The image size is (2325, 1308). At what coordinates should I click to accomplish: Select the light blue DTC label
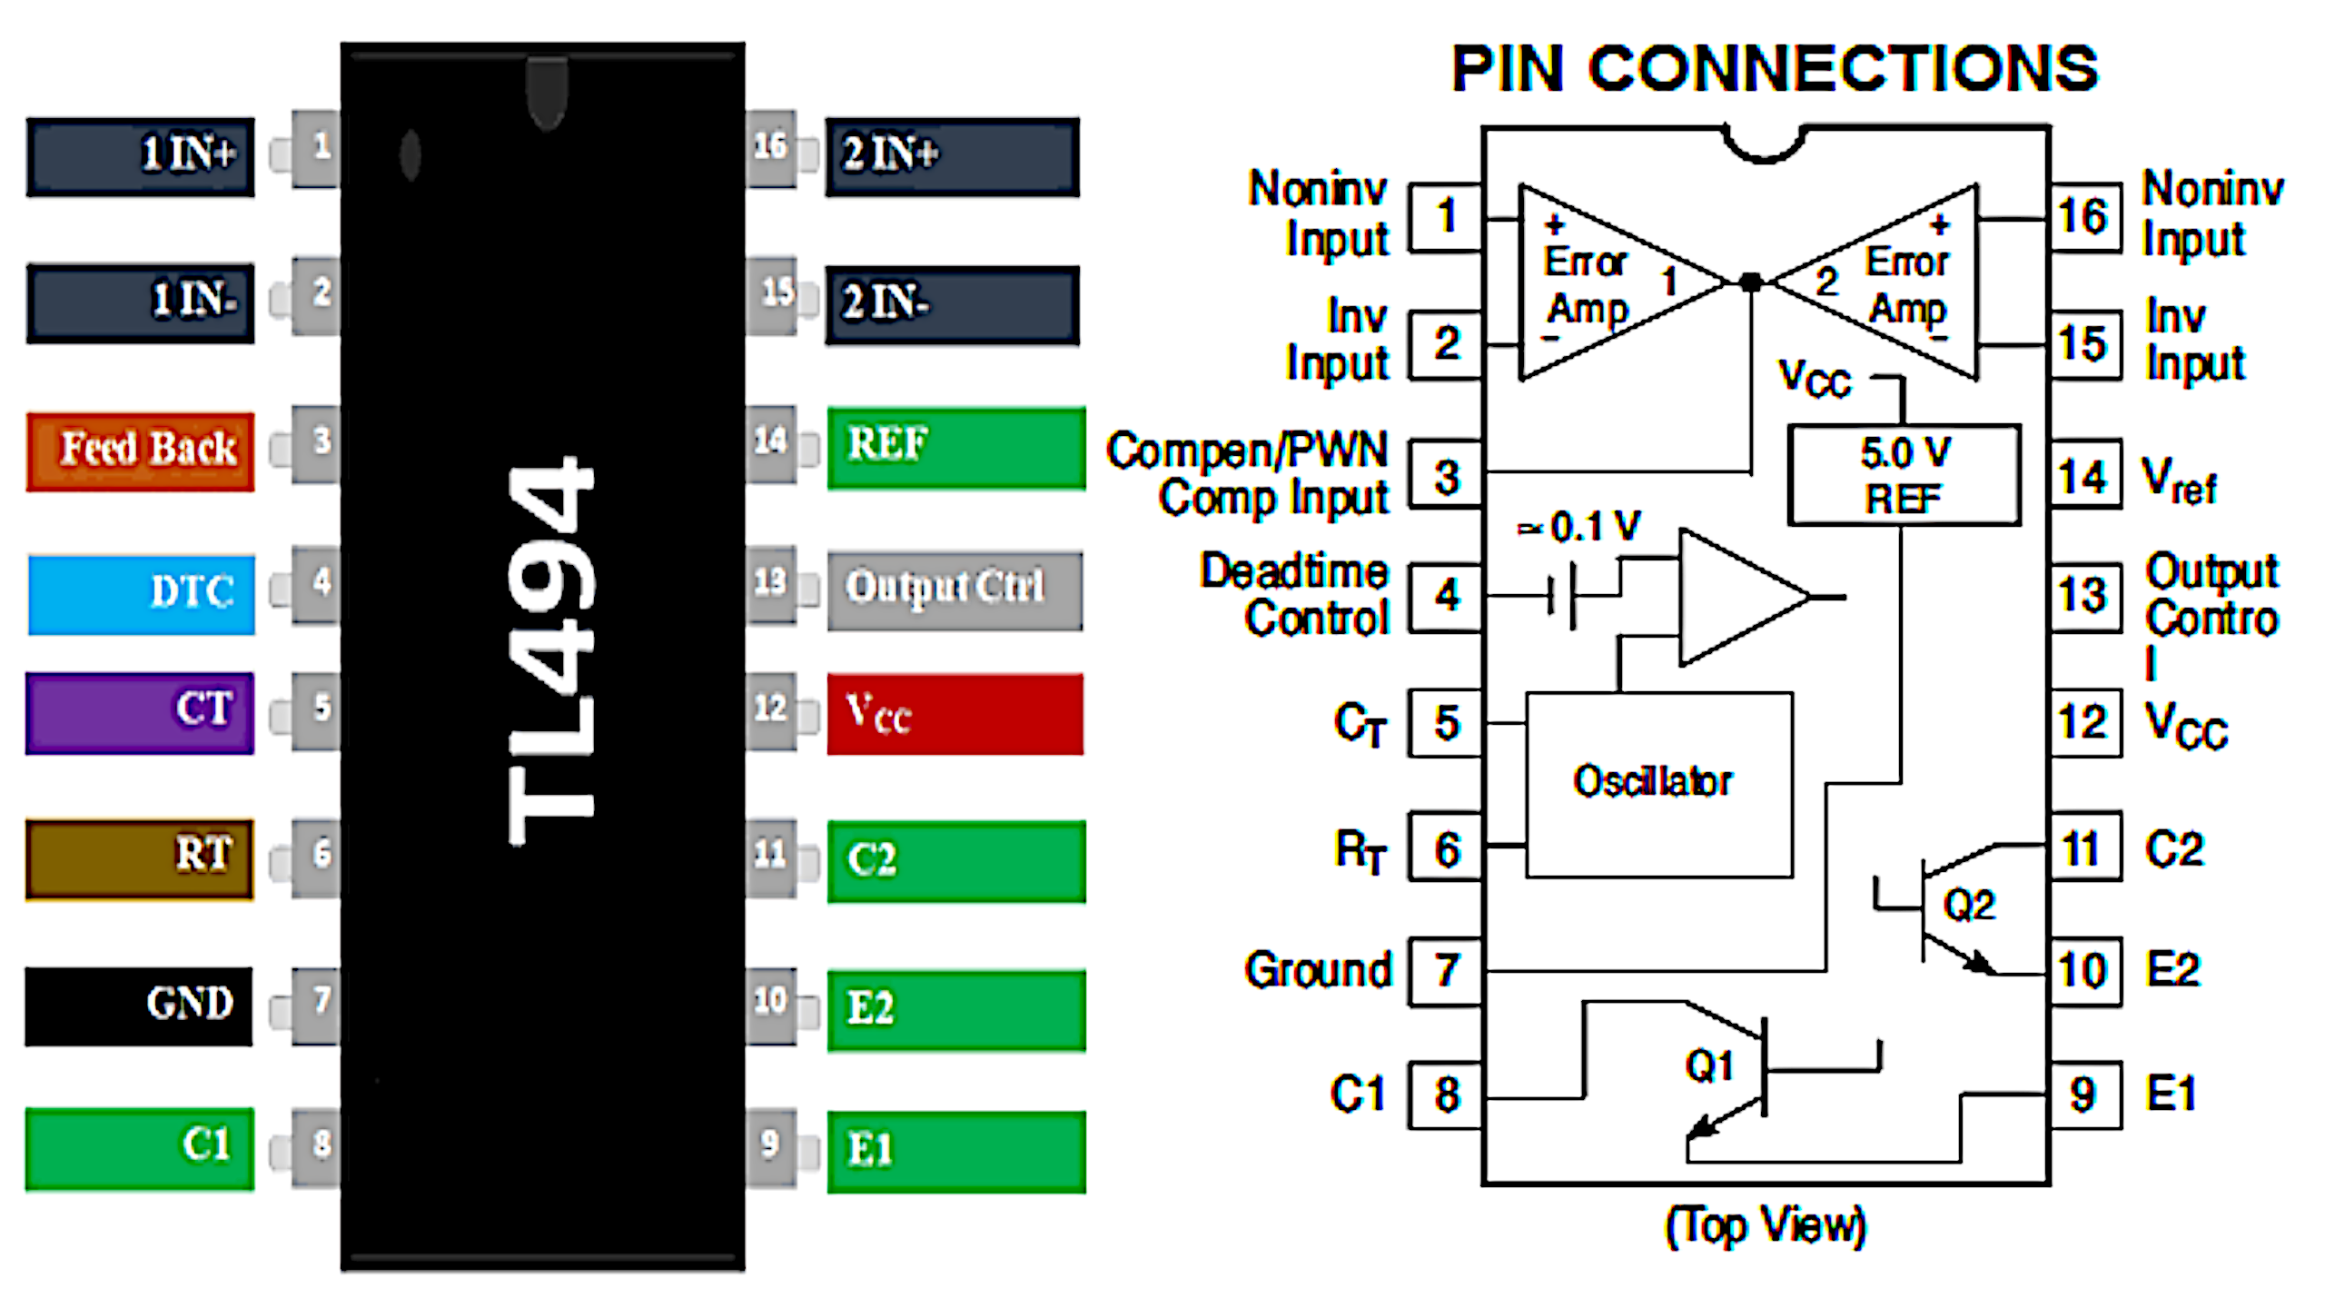click(141, 594)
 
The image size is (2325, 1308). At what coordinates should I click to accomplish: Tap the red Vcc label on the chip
click(955, 714)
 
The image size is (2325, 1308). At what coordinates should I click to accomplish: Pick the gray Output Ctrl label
click(955, 590)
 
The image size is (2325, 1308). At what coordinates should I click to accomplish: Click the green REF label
click(955, 448)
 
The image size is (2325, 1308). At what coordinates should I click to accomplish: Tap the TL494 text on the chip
click(550, 649)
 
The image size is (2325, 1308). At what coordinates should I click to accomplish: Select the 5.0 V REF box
click(1904, 475)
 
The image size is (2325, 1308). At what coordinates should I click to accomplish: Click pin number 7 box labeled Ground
click(1446, 971)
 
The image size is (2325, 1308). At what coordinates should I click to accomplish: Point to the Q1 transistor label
click(1709, 1065)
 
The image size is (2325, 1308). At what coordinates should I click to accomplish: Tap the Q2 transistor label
click(1968, 905)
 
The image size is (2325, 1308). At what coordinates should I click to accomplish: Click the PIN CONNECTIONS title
click(1775, 69)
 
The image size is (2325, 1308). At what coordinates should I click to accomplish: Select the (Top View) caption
click(1765, 1225)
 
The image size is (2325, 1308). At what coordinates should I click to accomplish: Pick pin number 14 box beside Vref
click(2085, 474)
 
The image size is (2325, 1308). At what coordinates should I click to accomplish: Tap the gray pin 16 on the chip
click(770, 148)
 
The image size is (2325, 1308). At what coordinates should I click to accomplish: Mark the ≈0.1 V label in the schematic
click(1580, 526)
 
